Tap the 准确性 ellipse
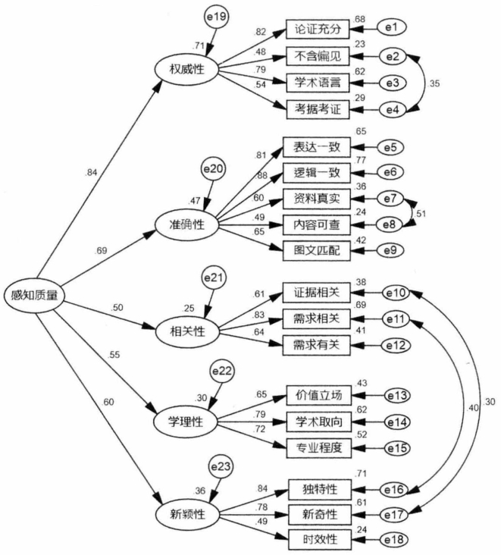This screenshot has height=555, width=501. pyautogui.click(x=186, y=223)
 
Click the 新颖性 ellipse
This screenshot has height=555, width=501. pyautogui.click(x=186, y=513)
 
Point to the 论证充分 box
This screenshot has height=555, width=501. pyautogui.click(x=318, y=31)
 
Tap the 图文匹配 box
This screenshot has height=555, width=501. pyautogui.click(x=316, y=249)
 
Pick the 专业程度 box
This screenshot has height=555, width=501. pyautogui.click(x=318, y=448)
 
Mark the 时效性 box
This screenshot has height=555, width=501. pyautogui.click(x=318, y=539)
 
